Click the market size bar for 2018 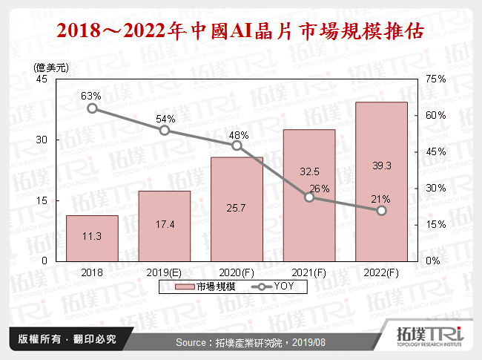92,238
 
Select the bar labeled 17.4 165,226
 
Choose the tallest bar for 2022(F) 382,181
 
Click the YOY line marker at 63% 92,108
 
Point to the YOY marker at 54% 165,131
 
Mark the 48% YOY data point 237,145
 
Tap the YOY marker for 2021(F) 309,197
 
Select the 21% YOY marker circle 382,211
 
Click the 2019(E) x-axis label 165,272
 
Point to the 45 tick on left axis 42,79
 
